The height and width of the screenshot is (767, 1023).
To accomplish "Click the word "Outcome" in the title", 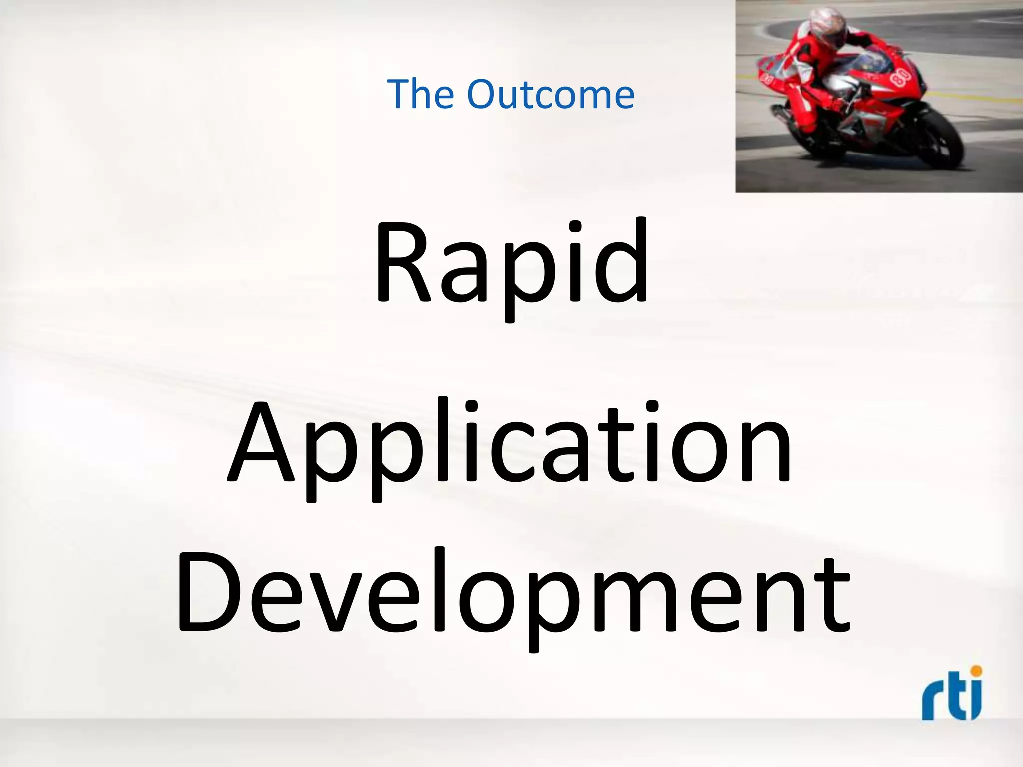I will tap(550, 94).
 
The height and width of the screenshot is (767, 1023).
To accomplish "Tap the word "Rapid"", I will tap(511, 265).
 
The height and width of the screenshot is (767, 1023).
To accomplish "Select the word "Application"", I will tap(510, 444).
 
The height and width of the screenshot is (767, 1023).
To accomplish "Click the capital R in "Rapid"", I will tap(403, 262).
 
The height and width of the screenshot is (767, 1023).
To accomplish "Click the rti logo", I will tap(952, 694).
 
